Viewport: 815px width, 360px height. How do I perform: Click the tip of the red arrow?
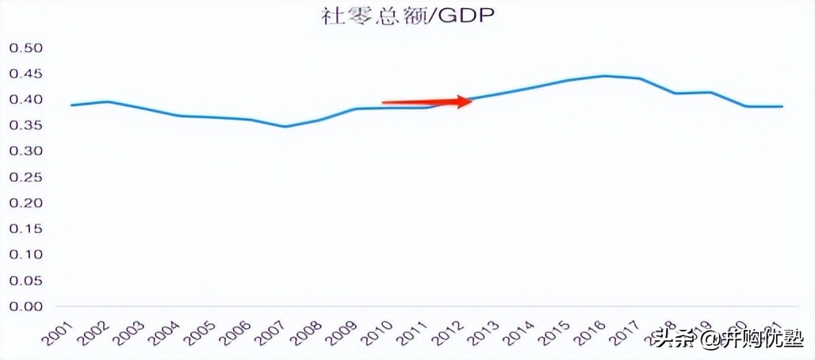473,101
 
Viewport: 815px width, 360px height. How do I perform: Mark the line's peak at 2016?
605,76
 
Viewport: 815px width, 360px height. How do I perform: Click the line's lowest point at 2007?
285,127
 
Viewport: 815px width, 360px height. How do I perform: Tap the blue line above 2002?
107,101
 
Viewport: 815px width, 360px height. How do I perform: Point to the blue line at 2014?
534,87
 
